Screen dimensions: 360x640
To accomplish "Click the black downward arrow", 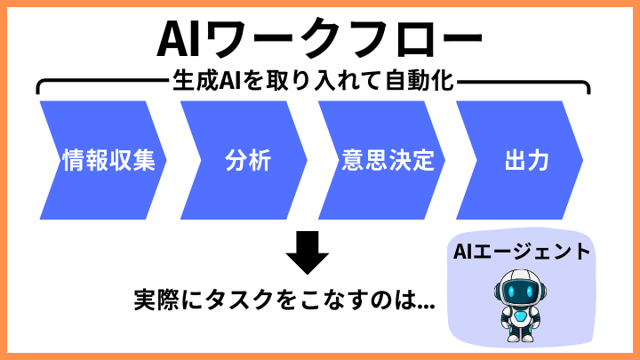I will pyautogui.click(x=308, y=253).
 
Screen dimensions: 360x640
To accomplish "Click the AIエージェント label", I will pyautogui.click(x=521, y=252).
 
